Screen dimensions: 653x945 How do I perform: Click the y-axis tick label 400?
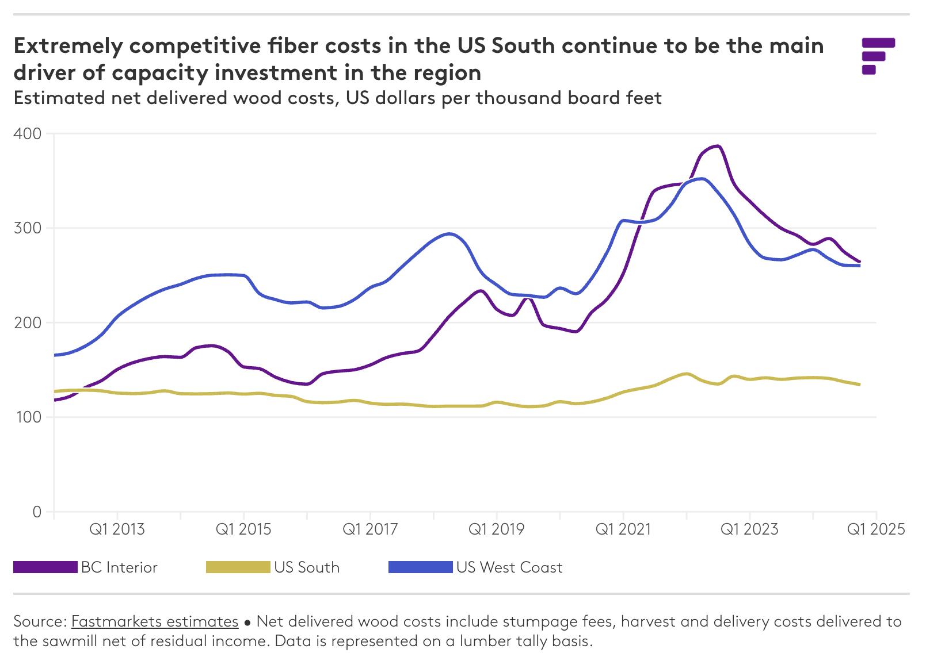(x=28, y=134)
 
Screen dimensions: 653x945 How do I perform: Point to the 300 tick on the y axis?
(x=28, y=228)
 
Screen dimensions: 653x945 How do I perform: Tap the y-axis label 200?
(x=28, y=322)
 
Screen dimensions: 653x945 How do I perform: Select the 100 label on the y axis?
(x=28, y=417)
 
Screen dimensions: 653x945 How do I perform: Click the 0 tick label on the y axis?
(x=37, y=512)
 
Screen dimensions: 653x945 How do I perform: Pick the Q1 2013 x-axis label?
(x=117, y=529)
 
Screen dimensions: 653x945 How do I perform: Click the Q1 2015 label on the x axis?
(x=243, y=529)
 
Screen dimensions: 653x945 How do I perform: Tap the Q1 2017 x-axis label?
(x=370, y=529)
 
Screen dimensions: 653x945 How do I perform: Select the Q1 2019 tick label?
(x=496, y=529)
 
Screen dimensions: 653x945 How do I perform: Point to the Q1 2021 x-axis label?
(x=623, y=529)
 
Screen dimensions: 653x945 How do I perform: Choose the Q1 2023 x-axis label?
(x=749, y=529)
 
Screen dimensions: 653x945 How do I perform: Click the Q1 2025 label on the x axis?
(x=876, y=529)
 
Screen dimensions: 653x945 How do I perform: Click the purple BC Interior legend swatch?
(x=45, y=567)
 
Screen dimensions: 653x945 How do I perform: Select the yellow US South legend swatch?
(x=238, y=567)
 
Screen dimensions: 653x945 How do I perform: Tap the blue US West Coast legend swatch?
(x=420, y=567)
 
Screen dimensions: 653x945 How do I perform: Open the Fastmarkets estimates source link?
(x=155, y=621)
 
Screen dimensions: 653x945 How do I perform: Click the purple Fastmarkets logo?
(x=877, y=56)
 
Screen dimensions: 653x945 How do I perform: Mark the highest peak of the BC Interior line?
(x=717, y=146)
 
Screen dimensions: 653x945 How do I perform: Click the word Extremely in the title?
(x=68, y=45)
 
